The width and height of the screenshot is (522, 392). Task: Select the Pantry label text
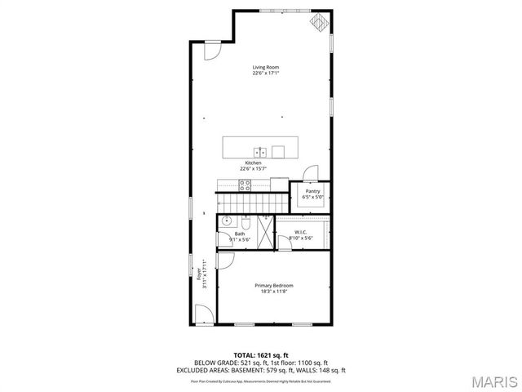click(x=313, y=191)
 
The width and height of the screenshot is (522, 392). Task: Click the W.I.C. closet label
click(x=302, y=232)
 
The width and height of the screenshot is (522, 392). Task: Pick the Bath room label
click(x=240, y=234)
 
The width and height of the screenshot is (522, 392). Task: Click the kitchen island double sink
click(x=260, y=151)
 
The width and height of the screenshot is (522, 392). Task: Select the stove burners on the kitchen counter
click(x=244, y=184)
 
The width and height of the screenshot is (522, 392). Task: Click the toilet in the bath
click(x=245, y=221)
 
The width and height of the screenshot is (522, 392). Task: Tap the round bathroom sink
click(x=226, y=220)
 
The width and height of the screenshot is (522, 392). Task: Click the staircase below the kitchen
click(x=253, y=201)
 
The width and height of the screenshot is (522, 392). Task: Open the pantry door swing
click(x=310, y=172)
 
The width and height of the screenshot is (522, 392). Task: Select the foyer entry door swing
click(x=205, y=315)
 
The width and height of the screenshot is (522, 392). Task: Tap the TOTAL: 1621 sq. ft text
click(x=261, y=355)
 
